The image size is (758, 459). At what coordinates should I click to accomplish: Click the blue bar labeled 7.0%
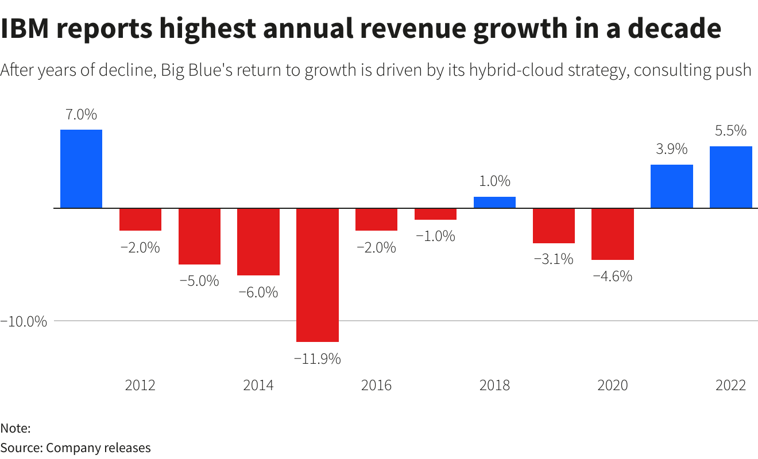coord(81,169)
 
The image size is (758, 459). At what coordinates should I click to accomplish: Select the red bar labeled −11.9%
coord(317,275)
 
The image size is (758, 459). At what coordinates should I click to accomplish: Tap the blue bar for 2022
coord(730,177)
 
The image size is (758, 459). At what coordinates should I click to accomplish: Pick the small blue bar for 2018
coord(494,202)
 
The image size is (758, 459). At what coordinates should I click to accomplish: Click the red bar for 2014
coord(258,242)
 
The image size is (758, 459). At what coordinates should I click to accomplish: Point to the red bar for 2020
coord(612,234)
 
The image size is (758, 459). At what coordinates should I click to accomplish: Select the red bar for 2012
coord(140,219)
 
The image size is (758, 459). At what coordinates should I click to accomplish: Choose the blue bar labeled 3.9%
coord(671,186)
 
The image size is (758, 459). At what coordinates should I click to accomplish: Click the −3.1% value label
coord(553,259)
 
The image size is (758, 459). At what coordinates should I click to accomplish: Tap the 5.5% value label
coord(730,131)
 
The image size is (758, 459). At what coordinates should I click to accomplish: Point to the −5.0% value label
coord(199,281)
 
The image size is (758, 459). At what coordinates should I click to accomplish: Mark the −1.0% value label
coord(435,236)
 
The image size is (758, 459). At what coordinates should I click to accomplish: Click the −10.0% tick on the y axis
coord(24,321)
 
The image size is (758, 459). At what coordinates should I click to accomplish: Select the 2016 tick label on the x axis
coord(376,385)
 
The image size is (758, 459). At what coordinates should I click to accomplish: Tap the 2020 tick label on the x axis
coord(612,385)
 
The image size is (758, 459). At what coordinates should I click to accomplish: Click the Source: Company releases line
coord(75,448)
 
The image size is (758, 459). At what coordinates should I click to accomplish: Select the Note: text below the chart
coord(16,428)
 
